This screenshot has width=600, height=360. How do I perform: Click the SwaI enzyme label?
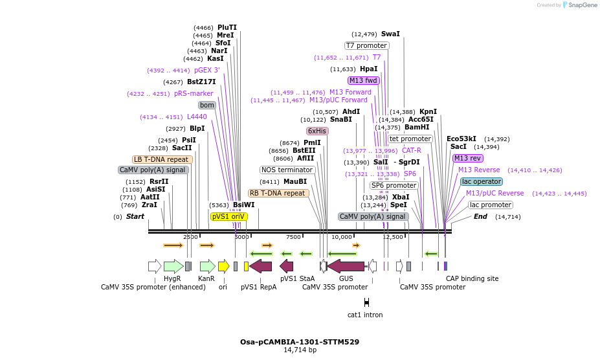click(x=390, y=34)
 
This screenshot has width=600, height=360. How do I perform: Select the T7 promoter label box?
click(x=367, y=46)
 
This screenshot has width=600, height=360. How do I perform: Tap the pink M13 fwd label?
click(x=364, y=80)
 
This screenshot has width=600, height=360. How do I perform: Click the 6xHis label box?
click(x=317, y=131)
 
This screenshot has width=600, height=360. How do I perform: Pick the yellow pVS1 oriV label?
click(x=229, y=216)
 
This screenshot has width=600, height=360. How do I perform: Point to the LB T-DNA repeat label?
click(x=161, y=159)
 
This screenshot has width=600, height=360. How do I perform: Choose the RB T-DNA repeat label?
click(x=278, y=193)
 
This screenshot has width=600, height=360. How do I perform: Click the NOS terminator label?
click(x=287, y=170)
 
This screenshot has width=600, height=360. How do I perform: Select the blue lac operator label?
click(x=482, y=181)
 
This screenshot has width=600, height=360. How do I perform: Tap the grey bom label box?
click(x=206, y=105)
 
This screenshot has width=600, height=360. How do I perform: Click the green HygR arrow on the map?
click(x=173, y=265)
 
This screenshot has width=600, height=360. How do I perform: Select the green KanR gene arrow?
click(x=207, y=265)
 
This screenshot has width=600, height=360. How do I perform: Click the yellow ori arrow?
click(x=223, y=265)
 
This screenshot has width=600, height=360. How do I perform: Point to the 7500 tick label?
click(x=293, y=237)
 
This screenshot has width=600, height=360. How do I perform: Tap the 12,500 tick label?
click(x=393, y=237)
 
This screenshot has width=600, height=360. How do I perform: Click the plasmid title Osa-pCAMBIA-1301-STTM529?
click(x=300, y=341)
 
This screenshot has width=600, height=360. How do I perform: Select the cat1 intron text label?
click(x=365, y=315)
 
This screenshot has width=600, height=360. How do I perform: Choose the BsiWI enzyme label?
click(x=243, y=205)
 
